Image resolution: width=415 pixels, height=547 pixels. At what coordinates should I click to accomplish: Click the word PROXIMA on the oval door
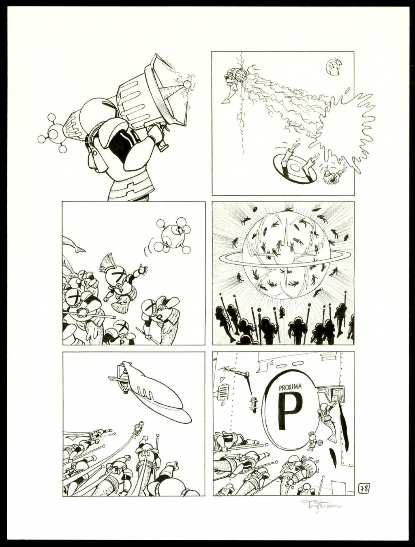[291, 387]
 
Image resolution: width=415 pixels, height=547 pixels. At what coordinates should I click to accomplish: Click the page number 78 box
[364, 489]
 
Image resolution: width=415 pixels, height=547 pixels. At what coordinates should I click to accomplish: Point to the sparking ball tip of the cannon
[187, 84]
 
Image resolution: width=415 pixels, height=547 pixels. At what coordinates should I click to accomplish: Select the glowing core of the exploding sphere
[285, 255]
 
